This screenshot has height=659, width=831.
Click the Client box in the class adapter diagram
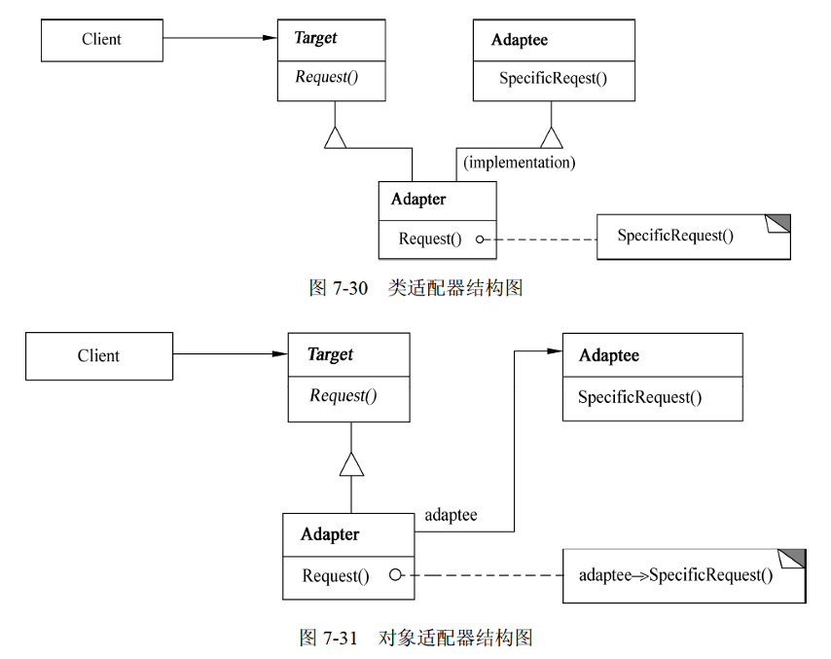(102, 40)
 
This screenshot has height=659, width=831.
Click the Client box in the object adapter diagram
(99, 355)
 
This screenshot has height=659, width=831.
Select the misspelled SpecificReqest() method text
(553, 79)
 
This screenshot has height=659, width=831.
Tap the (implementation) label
(520, 163)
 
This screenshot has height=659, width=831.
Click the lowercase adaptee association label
(451, 515)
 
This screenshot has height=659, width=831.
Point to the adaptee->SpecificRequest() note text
(675, 575)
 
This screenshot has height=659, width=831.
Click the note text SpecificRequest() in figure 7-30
(675, 236)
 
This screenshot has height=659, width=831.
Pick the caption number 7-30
(349, 288)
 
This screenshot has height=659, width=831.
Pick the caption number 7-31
(341, 638)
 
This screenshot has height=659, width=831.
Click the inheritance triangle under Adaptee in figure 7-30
(551, 138)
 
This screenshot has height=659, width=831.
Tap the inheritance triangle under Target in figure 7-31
(351, 464)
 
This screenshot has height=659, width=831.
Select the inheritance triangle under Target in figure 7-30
(335, 138)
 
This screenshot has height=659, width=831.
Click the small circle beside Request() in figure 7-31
(395, 574)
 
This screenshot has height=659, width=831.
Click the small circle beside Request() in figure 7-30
(480, 239)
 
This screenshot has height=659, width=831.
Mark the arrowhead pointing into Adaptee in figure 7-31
(555, 351)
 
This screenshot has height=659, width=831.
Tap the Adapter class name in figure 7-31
(330, 534)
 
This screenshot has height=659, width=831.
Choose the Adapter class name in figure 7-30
(418, 200)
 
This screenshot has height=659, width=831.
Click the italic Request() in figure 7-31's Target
(343, 395)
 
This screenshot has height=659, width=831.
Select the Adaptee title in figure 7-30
(520, 40)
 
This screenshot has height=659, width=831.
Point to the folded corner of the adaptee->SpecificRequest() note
(793, 559)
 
